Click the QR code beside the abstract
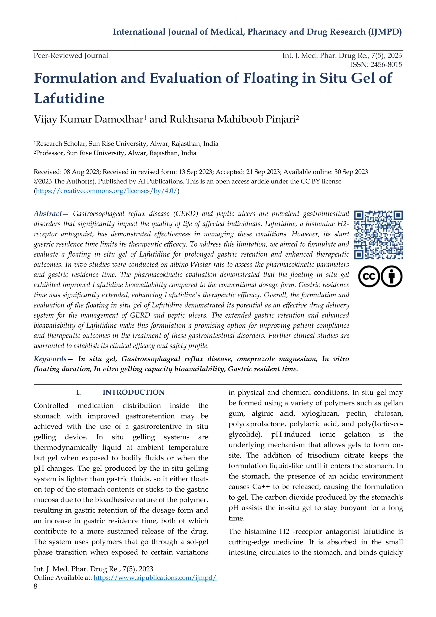coord(378,235)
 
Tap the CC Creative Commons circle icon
coord(369,276)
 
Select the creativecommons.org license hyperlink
coord(107,191)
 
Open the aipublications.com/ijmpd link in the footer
coord(155,578)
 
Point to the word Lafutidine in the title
coord(69,98)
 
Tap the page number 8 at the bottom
coord(35,586)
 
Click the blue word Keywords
coord(50,359)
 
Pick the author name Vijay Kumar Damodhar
coord(89,119)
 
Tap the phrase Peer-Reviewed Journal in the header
coord(71,56)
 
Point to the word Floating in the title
coord(270,78)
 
